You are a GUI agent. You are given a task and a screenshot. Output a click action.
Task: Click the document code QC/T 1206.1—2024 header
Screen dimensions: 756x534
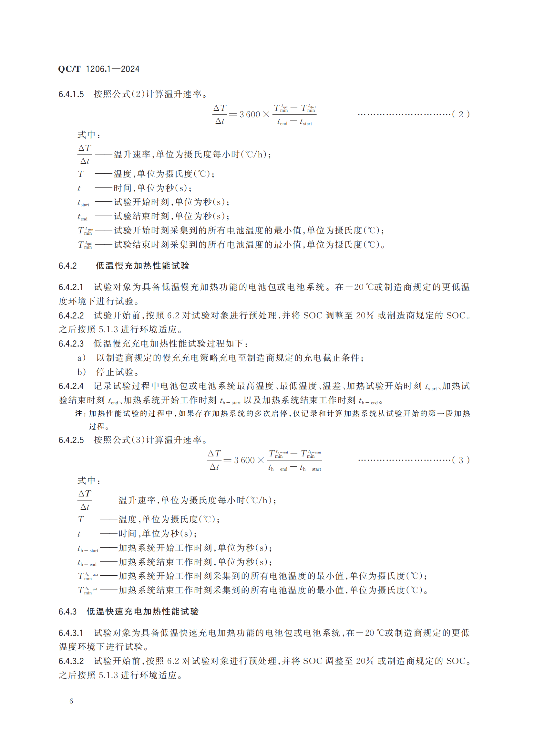99,69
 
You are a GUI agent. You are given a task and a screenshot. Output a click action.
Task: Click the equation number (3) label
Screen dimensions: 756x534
461,460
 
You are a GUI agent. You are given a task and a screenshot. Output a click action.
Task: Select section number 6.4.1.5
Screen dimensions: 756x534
71,94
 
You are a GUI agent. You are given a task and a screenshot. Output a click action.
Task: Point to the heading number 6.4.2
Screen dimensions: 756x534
68,266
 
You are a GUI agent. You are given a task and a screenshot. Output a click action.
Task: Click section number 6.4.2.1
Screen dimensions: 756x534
71,287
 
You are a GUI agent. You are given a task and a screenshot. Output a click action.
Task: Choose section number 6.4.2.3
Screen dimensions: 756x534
71,344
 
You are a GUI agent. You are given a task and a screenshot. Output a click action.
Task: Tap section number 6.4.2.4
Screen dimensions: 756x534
71,386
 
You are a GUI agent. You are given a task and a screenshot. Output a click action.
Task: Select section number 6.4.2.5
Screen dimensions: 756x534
71,440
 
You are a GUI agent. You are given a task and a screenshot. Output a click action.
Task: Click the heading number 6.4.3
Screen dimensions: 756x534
68,612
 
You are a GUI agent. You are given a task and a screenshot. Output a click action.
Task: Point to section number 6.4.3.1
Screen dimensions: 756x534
71,633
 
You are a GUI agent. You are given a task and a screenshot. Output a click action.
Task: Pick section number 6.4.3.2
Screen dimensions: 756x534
71,661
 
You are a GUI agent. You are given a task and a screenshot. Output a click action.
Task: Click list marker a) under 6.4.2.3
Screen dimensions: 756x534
82,358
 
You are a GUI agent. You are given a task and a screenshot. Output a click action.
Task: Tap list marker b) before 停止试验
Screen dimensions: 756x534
82,372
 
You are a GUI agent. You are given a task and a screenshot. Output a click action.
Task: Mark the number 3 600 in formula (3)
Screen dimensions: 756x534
244,460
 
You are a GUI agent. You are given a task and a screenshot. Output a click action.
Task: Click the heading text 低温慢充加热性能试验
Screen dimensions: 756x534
142,266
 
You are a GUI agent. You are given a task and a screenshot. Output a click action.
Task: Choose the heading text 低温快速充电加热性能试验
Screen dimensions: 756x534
142,612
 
